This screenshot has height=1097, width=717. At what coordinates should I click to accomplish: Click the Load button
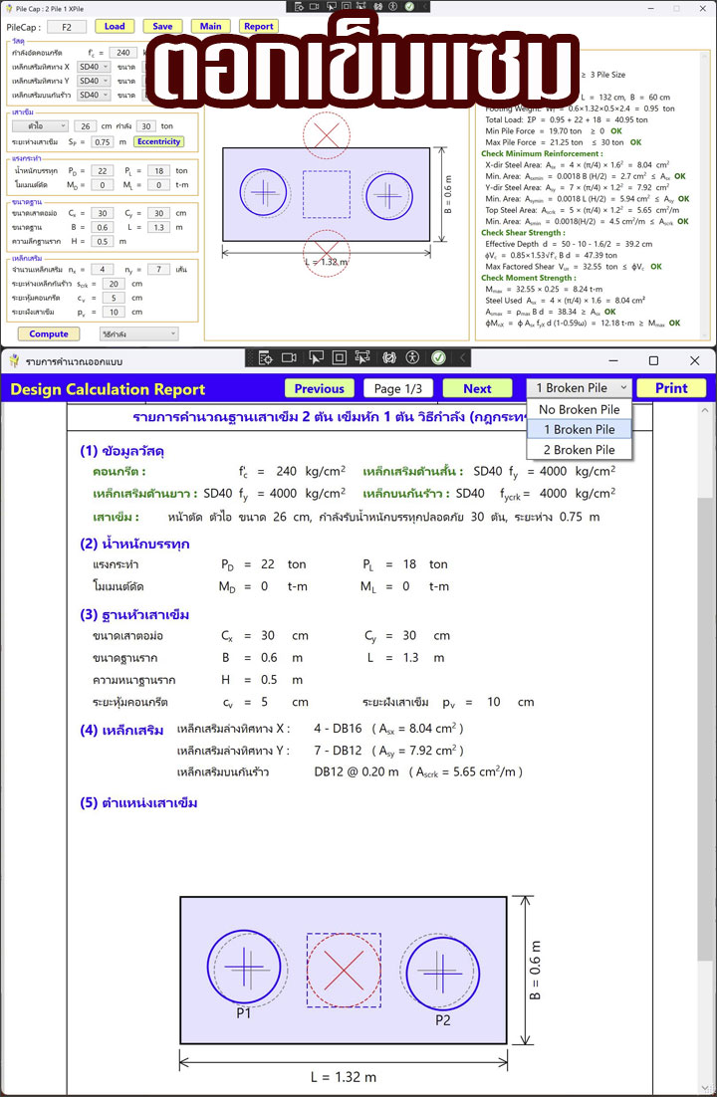pos(115,26)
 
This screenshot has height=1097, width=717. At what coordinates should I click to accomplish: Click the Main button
pos(210,26)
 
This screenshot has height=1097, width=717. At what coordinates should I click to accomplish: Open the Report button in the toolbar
pos(258,26)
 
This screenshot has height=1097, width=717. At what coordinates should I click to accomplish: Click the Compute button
pos(49,334)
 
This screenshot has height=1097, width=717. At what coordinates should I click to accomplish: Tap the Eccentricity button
pos(158,141)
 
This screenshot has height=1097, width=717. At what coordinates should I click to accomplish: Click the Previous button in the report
pos(319,388)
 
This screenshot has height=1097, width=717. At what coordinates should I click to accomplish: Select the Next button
pos(477,388)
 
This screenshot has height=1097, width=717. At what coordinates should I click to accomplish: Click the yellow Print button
pos(670,388)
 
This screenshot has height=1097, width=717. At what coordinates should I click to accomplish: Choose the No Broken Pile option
pos(579,409)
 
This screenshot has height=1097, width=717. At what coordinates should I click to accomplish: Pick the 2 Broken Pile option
pos(580,450)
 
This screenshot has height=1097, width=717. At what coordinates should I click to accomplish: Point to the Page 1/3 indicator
pos(397,388)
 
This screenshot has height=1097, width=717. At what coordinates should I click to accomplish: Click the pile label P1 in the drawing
pos(243,1012)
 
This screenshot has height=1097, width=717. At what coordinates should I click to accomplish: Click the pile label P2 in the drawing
pos(443,1019)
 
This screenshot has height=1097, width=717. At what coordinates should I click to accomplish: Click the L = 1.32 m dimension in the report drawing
pos(343,1076)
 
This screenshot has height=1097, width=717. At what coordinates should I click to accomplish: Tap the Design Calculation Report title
pos(108,389)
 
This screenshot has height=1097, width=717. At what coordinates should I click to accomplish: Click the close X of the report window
pos(694,360)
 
